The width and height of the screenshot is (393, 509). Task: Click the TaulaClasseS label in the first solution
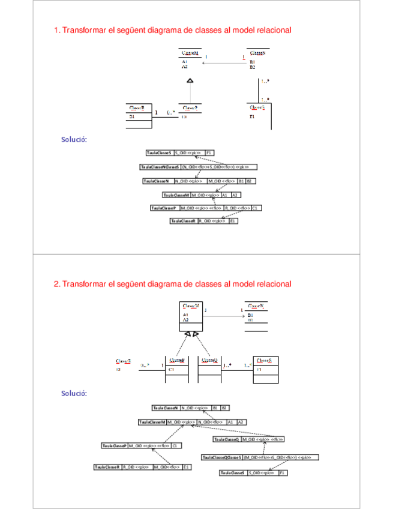point(159,153)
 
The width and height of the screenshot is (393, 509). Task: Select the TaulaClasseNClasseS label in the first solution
point(160,167)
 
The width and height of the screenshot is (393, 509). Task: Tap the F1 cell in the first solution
point(209,153)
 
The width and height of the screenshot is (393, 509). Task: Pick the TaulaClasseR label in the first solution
point(183,221)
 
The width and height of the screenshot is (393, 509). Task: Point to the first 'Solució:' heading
point(74,140)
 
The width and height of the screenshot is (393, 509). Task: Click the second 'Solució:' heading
point(74,394)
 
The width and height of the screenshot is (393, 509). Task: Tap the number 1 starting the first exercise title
point(56,30)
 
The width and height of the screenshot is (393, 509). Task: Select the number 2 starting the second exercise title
point(56,283)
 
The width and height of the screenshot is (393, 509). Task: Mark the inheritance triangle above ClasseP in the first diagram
point(190,80)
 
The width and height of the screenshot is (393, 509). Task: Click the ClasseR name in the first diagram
point(137,108)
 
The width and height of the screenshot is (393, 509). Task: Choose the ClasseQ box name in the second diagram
point(209,360)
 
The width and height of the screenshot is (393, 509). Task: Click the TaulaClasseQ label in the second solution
point(227,440)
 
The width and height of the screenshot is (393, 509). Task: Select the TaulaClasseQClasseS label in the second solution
point(222,457)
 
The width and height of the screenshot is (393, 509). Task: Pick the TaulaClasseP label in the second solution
point(114,446)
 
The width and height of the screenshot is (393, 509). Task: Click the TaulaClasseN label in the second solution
point(166,408)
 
